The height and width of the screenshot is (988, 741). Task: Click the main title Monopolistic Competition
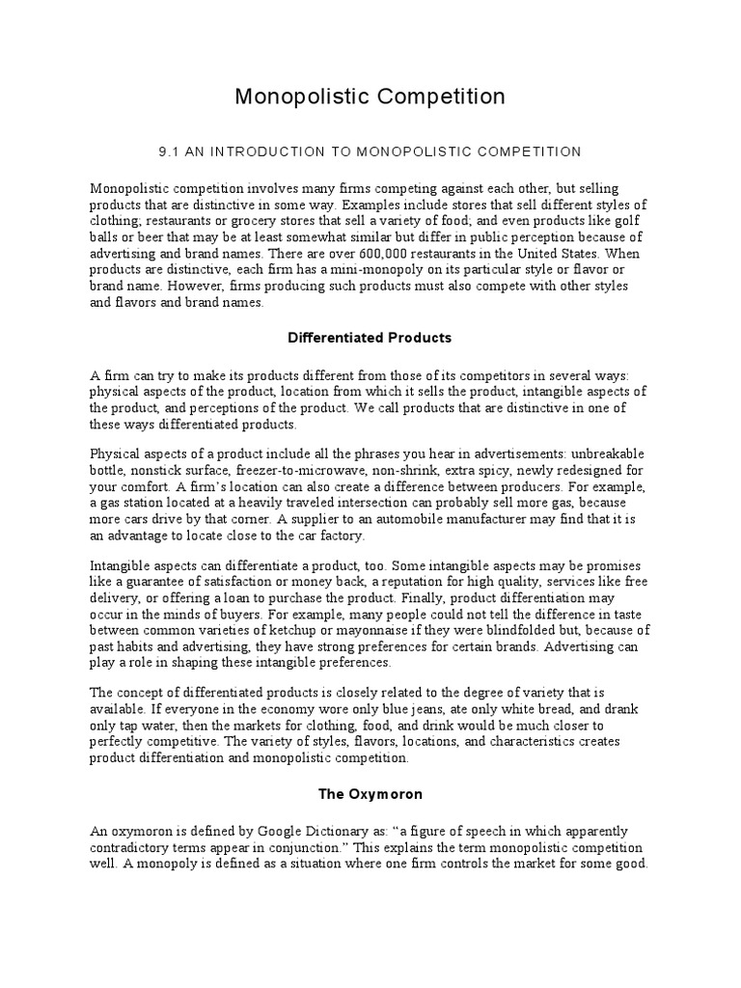(x=370, y=96)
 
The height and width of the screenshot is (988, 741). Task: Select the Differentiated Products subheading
(x=370, y=338)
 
